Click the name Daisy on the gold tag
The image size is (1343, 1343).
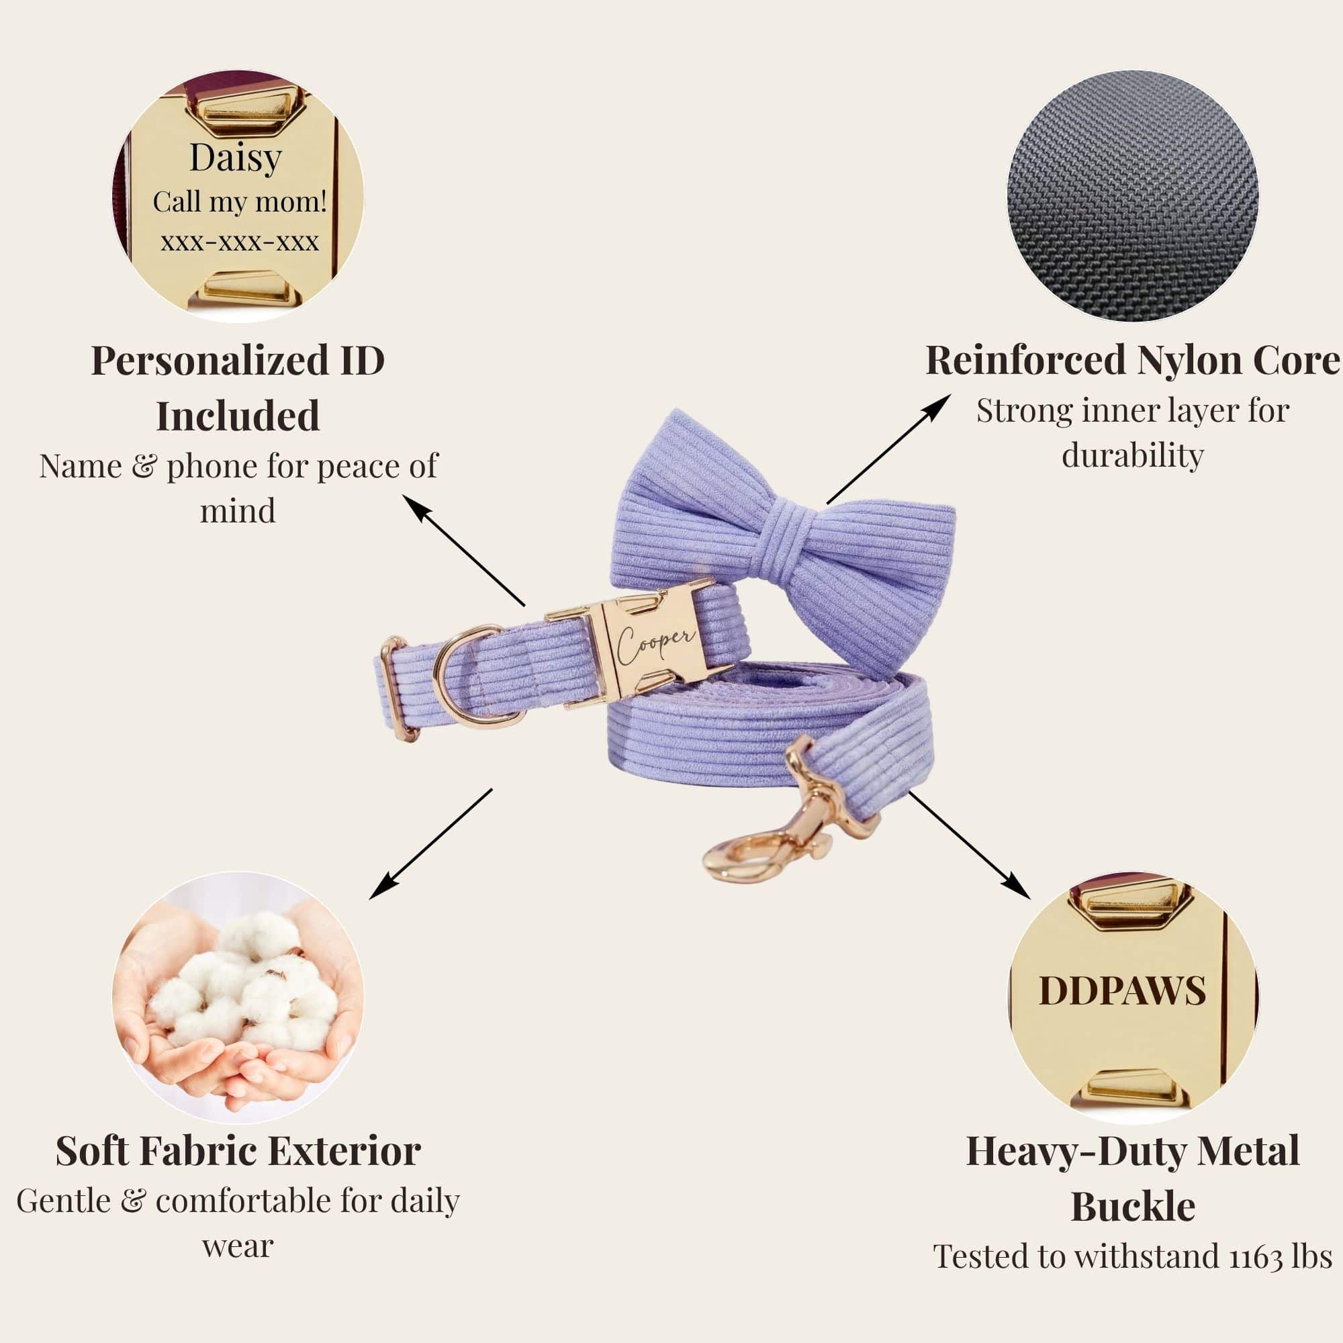click(236, 159)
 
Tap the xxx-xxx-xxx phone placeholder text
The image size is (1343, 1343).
click(240, 242)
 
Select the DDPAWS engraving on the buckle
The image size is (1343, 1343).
click(1123, 990)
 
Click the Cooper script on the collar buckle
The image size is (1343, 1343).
click(655, 644)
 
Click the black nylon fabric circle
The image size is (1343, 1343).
click(1133, 195)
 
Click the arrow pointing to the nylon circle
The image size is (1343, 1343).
click(889, 449)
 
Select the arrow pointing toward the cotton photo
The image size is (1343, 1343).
click(430, 844)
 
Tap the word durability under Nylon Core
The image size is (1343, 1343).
click(1133, 456)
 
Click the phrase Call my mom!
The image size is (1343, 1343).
click(240, 202)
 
